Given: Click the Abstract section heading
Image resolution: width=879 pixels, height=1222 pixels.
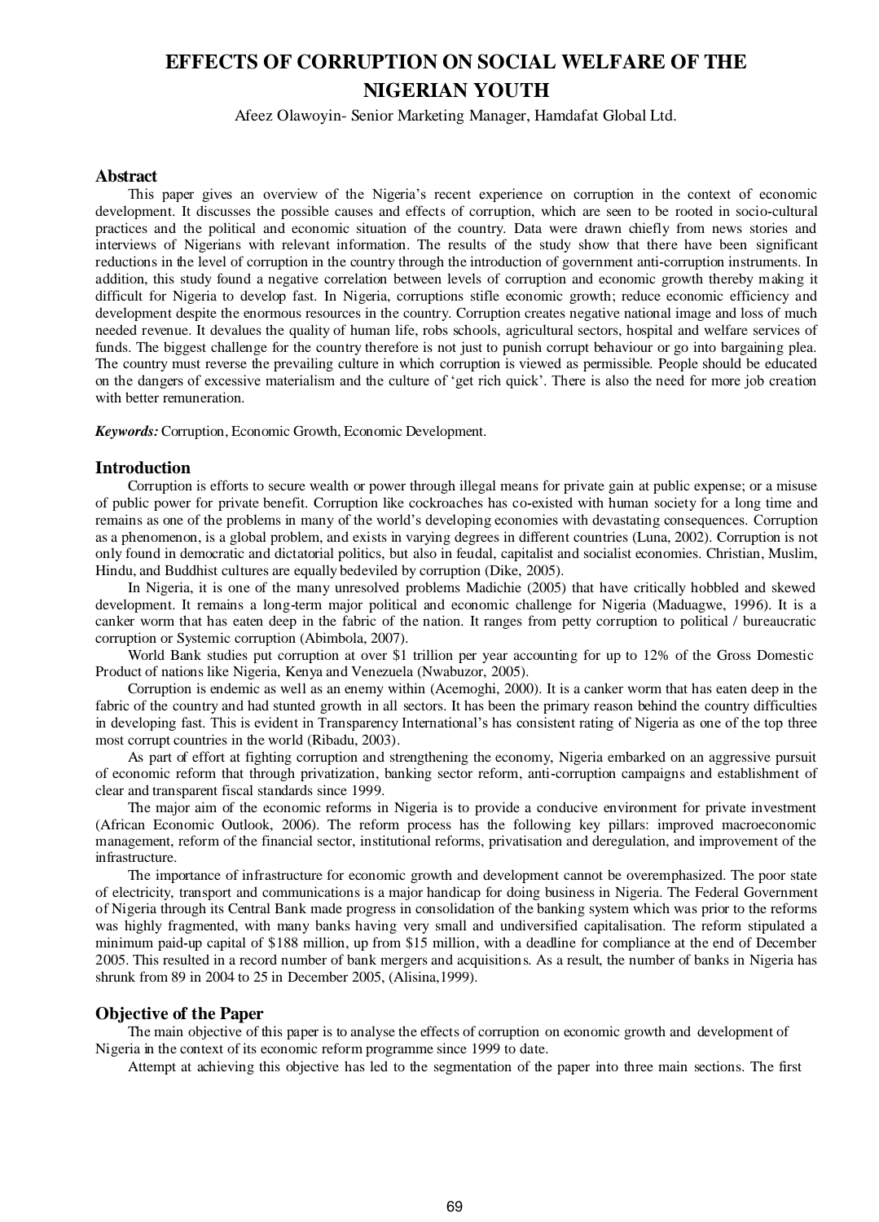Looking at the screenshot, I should click(x=126, y=176).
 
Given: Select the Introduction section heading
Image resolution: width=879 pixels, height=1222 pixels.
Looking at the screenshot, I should click(x=143, y=468).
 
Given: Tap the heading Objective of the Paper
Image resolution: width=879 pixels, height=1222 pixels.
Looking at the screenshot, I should click(x=179, y=1013).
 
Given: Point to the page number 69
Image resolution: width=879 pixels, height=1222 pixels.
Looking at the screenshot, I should click(x=455, y=1207).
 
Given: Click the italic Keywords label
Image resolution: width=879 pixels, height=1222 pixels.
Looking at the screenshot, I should click(x=127, y=431).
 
